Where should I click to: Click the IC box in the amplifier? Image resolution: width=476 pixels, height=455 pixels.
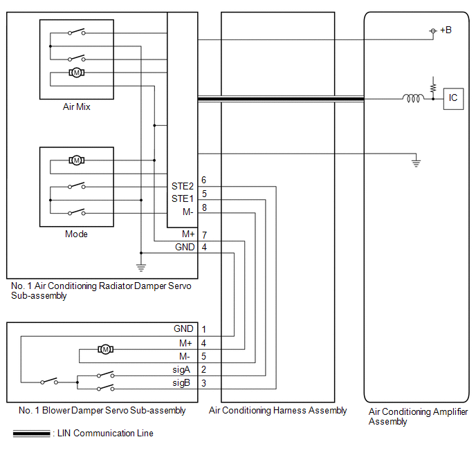pos(453,99)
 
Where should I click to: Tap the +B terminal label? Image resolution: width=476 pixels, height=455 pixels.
pos(446,30)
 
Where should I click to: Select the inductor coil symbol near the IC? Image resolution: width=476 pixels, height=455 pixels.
pos(413,98)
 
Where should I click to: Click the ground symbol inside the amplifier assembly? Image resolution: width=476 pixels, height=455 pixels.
pos(416,163)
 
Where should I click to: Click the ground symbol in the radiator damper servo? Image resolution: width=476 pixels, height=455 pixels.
pos(141,268)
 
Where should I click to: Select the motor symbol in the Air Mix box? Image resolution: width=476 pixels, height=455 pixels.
pos(77,73)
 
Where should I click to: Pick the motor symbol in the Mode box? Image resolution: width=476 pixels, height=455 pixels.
pos(77,160)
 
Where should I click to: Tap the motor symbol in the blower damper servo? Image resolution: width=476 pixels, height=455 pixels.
pos(105,349)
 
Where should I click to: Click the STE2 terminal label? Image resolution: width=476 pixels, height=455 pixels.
pos(183,186)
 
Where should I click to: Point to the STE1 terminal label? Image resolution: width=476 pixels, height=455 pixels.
pos(183,198)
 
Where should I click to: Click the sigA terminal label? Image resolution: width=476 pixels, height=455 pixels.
pos(181,370)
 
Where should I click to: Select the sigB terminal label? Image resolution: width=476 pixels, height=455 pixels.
pos(181,383)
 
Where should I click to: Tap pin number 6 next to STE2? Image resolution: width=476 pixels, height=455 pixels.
pos(203,180)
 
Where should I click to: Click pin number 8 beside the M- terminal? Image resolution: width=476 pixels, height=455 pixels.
pos(204,207)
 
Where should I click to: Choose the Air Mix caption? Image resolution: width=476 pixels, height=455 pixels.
pos(77,106)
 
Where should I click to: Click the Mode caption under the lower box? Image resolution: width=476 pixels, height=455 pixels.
pos(76,234)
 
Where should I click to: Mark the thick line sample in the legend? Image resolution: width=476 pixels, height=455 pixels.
pos(31,434)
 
